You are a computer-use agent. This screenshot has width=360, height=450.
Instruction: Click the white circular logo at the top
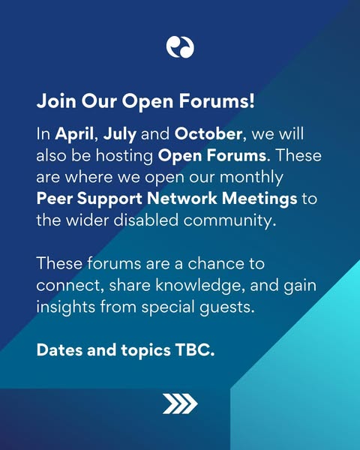pyautogui.click(x=180, y=47)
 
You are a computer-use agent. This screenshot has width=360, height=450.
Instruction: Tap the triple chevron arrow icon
pyautogui.click(x=180, y=403)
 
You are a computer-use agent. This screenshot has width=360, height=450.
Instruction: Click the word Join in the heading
pyautogui.click(x=56, y=101)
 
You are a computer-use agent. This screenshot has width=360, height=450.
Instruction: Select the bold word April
pyautogui.click(x=75, y=134)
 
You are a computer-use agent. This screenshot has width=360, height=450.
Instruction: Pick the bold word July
pyautogui.click(x=120, y=134)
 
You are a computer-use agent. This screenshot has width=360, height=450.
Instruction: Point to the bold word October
pyautogui.click(x=208, y=133)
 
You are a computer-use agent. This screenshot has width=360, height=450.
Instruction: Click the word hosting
pyautogui.click(x=124, y=157)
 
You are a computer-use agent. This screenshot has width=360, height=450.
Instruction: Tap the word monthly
pyautogui.click(x=251, y=178)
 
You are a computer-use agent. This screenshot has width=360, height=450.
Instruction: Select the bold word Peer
pyautogui.click(x=55, y=199)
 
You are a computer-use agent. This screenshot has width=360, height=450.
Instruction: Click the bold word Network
pyautogui.click(x=181, y=198)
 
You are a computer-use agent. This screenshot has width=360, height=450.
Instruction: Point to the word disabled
pyautogui.click(x=145, y=220)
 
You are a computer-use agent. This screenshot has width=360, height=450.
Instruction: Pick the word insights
pyautogui.click(x=66, y=307)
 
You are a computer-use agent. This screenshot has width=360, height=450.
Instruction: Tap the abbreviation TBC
pyautogui.click(x=195, y=350)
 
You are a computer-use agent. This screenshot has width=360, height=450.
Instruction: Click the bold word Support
pyautogui.click(x=109, y=199)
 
